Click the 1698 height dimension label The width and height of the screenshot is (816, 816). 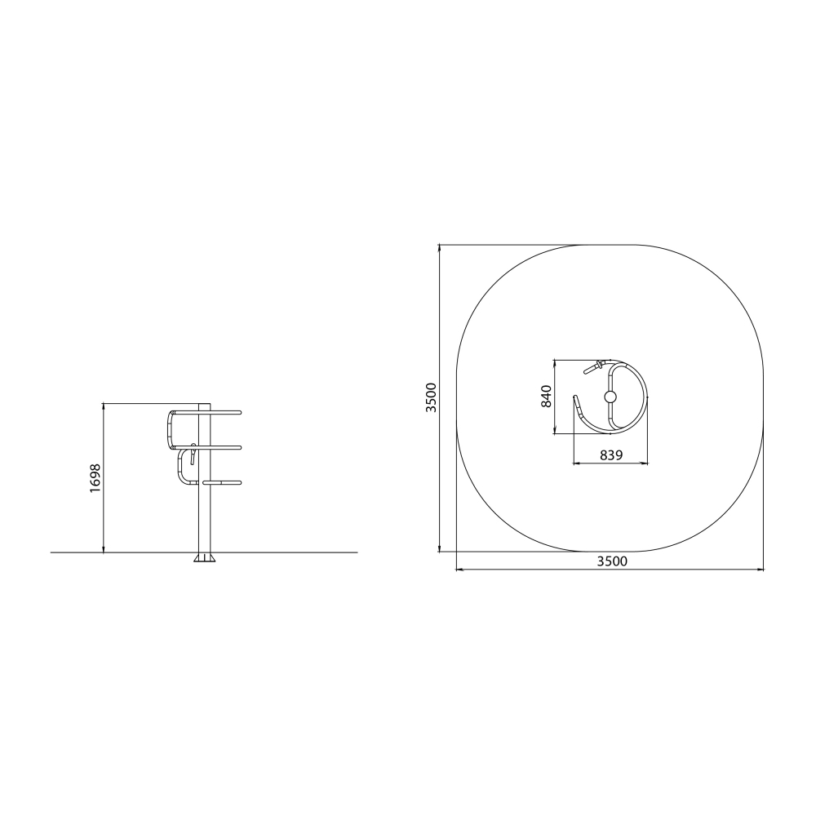(95, 478)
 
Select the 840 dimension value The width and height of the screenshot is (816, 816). (546, 396)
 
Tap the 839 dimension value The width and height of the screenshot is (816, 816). (611, 455)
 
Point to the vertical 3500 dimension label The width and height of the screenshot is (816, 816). (432, 397)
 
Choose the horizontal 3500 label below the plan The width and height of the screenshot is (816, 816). (612, 561)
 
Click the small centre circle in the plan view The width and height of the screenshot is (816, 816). (610, 397)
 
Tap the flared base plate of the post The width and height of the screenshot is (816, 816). (205, 557)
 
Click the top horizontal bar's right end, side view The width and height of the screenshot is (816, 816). (239, 413)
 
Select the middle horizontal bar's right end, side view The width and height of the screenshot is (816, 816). (239, 447)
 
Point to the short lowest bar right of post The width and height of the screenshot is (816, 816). (222, 482)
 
